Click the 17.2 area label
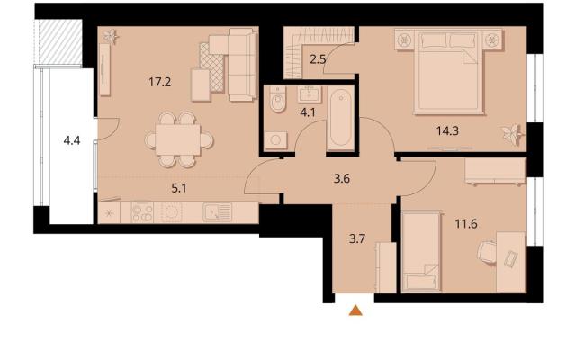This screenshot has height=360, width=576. pos(160,82)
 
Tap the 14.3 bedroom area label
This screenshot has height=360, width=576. pos(447,130)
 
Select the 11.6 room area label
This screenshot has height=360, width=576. pos(466,223)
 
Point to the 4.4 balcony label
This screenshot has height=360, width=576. pos(72,140)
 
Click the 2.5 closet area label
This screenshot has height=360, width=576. pos(318,59)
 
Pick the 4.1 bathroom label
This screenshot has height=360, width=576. pos(308,112)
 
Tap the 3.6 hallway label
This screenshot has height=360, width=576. pos(341,179)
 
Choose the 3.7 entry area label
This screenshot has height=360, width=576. pos(357,239)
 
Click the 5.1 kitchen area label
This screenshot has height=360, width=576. pos(179,188)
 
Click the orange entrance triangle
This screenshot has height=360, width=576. pos(355,310)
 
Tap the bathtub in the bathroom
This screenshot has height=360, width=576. pos(340,118)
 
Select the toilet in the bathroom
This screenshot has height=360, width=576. pos(278,99)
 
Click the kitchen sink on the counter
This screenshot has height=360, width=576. pos(218,212)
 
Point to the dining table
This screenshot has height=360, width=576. pos(178,140)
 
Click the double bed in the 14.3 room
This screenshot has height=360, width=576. pos(449,72)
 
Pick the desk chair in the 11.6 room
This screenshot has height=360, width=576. pos(487,252)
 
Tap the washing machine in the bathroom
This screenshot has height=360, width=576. pos(276,140)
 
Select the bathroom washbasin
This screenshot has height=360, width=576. pos(310,94)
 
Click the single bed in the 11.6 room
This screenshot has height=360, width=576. pos(422,252)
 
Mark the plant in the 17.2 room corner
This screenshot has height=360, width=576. pos(110,36)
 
